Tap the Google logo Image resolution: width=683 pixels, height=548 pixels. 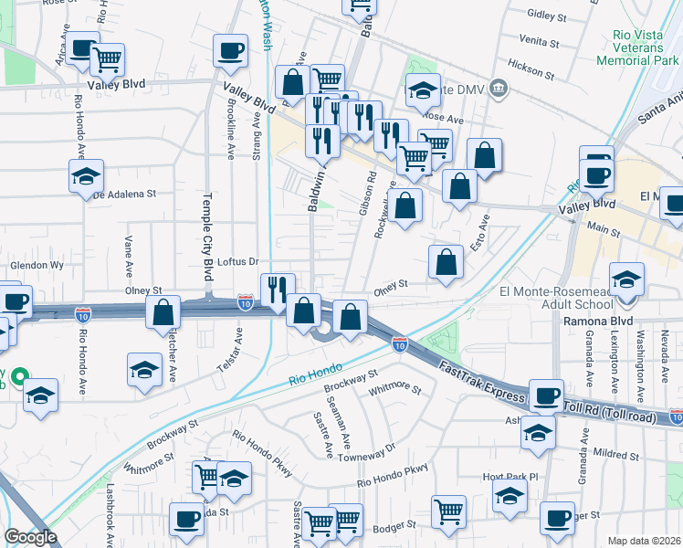pyautogui.click(x=31, y=537)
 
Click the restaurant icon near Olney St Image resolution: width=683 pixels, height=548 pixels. pyautogui.click(x=278, y=289)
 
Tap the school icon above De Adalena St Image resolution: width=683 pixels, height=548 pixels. pyautogui.click(x=86, y=174)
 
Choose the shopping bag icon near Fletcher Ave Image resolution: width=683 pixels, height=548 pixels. pyautogui.click(x=163, y=311)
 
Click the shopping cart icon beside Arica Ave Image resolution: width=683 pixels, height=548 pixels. pyautogui.click(x=108, y=59)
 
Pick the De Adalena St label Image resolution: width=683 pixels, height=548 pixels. pyautogui.click(x=126, y=195)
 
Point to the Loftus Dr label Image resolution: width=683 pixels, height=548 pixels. pyautogui.click(x=241, y=261)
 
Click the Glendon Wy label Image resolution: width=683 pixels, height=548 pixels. pyautogui.click(x=37, y=265)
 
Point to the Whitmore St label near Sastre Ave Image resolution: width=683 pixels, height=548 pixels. pyautogui.click(x=395, y=390)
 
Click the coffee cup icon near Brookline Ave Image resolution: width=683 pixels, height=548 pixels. pyautogui.click(x=230, y=49)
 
